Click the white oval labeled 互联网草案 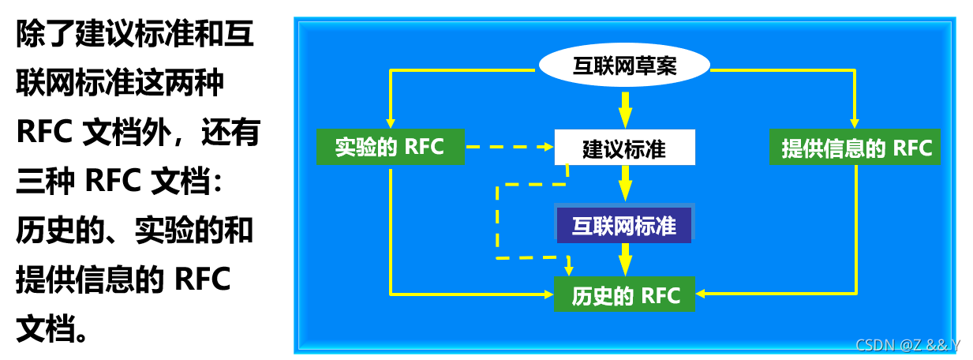[x=624, y=66]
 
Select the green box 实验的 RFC [x=390, y=147]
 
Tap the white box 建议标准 [x=624, y=148]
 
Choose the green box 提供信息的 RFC [x=855, y=148]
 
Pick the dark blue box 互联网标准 [x=624, y=226]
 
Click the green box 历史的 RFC [x=624, y=294]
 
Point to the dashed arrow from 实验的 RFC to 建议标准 [x=505, y=147]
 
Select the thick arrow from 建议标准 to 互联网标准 [x=625, y=185]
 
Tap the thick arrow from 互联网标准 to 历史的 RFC [x=625, y=258]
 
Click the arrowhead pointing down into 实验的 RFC [x=391, y=121]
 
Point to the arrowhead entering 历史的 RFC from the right [x=702, y=294]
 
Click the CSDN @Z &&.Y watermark [x=908, y=345]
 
